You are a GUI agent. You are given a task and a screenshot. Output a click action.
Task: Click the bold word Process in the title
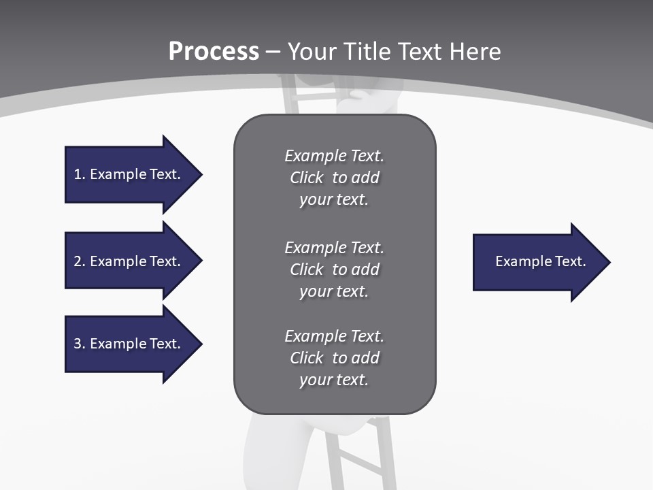(214, 52)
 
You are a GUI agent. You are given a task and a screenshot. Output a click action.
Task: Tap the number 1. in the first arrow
(80, 174)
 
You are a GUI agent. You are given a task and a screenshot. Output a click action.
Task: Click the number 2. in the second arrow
(80, 261)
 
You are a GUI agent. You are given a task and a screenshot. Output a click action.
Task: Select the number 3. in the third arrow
(80, 344)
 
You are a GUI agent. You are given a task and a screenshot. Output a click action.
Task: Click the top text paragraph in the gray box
(334, 178)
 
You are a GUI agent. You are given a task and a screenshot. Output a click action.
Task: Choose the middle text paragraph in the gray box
(334, 269)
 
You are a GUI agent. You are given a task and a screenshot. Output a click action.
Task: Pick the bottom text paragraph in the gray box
(334, 358)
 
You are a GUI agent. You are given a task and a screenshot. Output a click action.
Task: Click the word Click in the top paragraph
(306, 178)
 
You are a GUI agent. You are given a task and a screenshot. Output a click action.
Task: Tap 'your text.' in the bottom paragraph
(333, 380)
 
